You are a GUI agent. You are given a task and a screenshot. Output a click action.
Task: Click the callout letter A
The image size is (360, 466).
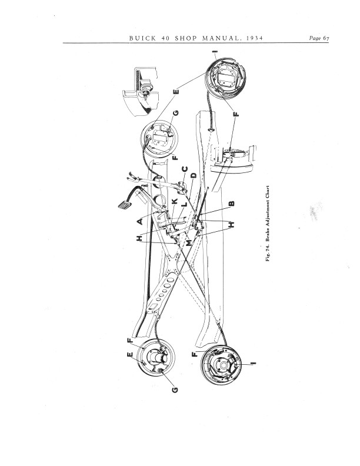(139, 221)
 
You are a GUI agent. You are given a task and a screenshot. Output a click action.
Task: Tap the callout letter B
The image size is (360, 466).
(232, 204)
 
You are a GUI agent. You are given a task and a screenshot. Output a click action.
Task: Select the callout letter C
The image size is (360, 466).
(185, 169)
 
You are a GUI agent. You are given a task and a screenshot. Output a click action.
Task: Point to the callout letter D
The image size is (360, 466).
(194, 175)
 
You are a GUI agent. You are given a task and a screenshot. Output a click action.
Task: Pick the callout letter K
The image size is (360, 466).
(175, 201)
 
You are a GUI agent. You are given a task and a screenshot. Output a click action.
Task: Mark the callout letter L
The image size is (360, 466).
(184, 205)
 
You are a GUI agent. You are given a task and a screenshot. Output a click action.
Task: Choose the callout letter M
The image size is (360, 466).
(189, 243)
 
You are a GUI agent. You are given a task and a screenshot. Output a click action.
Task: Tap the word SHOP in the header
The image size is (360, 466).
(186, 38)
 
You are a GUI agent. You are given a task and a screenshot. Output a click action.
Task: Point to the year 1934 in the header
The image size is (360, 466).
(255, 38)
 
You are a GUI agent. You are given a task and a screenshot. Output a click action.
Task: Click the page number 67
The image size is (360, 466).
(326, 38)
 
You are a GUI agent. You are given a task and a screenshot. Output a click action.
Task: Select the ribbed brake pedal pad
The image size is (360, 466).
(125, 205)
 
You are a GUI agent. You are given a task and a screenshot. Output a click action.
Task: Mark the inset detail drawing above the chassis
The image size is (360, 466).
(141, 92)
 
